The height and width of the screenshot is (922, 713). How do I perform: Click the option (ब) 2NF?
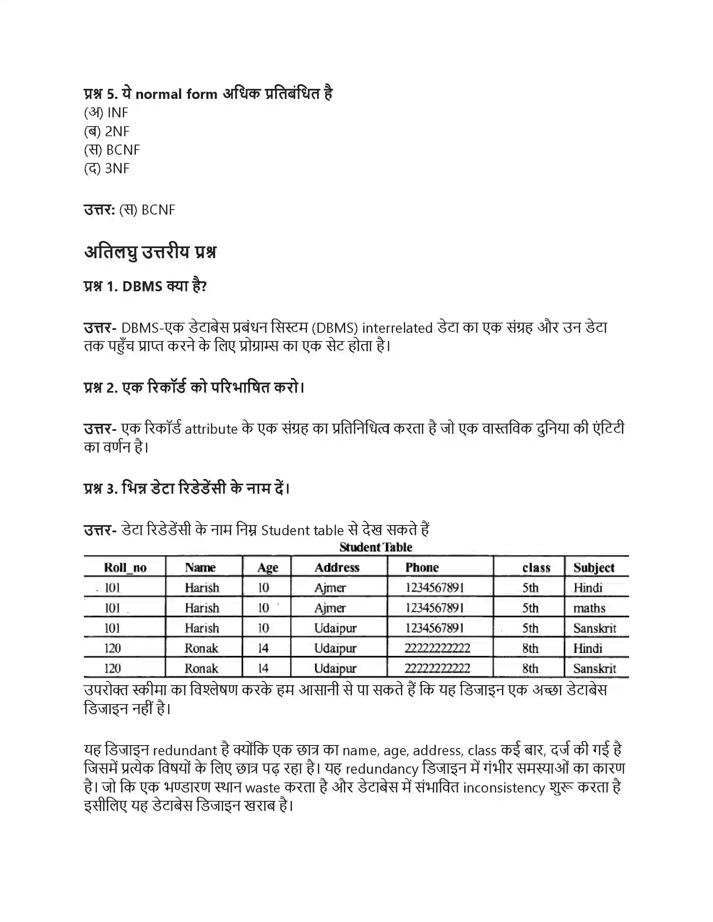click(107, 131)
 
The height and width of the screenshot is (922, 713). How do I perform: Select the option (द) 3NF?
click(107, 168)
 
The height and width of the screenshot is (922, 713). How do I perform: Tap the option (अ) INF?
click(106, 113)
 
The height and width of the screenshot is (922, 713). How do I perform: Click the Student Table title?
click(375, 547)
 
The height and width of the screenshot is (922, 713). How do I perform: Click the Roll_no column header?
click(125, 567)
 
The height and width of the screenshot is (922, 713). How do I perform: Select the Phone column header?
click(422, 567)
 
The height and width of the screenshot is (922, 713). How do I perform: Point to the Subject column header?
click(593, 568)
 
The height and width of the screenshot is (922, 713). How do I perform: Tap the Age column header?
click(268, 568)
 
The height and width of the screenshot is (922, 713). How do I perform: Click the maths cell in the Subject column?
click(589, 608)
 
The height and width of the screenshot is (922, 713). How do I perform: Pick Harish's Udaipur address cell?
click(335, 628)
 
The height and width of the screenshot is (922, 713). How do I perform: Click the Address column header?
click(337, 567)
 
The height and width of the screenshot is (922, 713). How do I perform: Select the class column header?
click(536, 568)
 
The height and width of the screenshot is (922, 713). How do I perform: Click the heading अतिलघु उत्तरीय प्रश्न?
click(150, 252)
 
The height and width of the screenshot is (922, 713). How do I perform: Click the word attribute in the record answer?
click(211, 429)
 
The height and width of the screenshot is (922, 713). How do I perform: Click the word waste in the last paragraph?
click(262, 788)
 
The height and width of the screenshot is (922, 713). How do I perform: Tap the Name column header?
click(200, 567)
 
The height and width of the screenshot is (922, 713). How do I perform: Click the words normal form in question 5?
click(176, 94)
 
